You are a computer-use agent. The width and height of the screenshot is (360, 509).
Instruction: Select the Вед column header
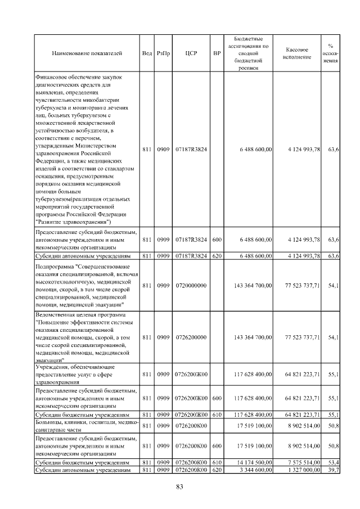[x=147, y=53]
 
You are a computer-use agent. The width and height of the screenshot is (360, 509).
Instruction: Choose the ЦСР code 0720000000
[x=191, y=285]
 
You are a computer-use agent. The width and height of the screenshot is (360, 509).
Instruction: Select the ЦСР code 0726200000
[x=191, y=337]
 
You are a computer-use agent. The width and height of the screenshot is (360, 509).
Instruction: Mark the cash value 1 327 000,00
[x=302, y=470]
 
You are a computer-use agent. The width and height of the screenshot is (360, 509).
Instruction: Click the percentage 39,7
[x=333, y=470]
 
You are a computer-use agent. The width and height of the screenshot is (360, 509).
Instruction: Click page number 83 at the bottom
[x=180, y=487]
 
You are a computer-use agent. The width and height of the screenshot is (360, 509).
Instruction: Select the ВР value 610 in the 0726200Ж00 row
[x=217, y=415]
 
